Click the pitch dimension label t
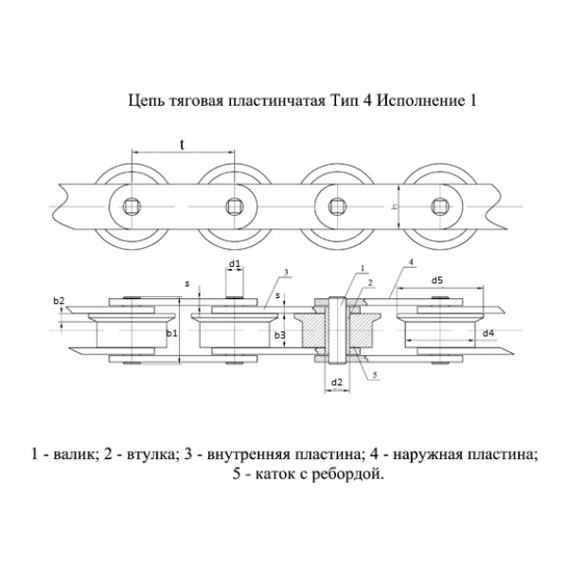coord(182,144)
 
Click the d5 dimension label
coord(437,280)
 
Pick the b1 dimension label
coord(172,334)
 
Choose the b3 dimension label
coord(279,335)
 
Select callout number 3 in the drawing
coord(284,272)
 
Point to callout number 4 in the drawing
coord(410,260)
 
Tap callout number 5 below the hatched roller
coord(376,376)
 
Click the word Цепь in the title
coord(145,98)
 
